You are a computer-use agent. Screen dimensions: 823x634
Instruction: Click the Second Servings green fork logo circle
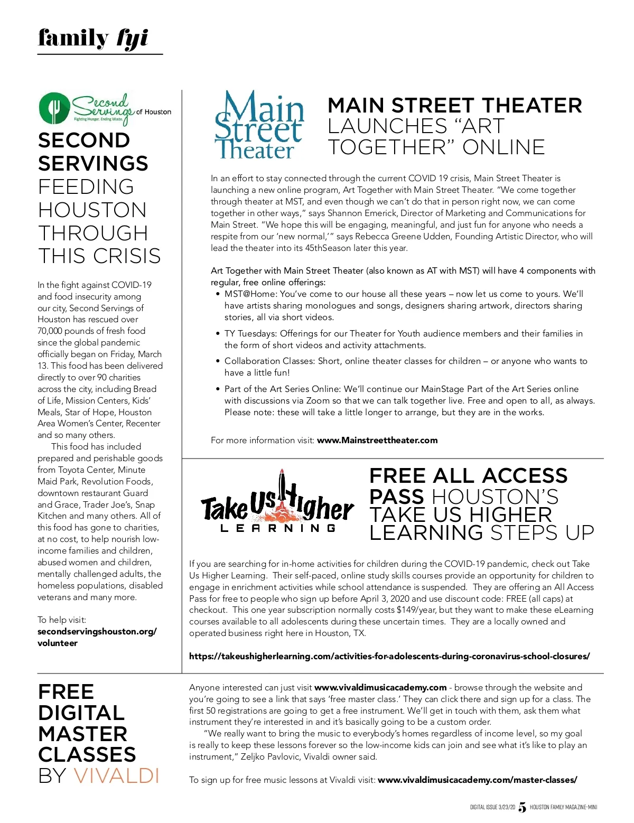point(54,108)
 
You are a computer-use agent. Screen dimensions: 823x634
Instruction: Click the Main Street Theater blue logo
point(259,126)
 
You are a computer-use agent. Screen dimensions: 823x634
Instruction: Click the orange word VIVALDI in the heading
point(116,775)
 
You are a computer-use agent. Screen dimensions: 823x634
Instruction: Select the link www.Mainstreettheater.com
point(377,440)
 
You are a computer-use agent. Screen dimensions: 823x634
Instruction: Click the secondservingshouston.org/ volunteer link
point(97,637)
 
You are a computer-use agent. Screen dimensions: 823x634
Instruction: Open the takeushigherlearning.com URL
point(389,656)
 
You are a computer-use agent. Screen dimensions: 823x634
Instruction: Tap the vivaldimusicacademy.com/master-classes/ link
point(478,780)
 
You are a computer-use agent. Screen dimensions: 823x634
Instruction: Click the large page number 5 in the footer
point(523,807)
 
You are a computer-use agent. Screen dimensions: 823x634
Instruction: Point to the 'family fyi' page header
point(93,39)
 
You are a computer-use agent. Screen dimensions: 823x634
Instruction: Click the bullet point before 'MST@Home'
point(218,294)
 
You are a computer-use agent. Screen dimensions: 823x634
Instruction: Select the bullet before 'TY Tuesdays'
point(218,334)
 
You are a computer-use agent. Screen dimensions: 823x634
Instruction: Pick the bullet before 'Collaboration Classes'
point(218,361)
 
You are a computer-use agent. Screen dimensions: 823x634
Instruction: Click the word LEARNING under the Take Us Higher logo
point(278,528)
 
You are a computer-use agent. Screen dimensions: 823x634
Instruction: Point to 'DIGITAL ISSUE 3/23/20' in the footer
point(492,807)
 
